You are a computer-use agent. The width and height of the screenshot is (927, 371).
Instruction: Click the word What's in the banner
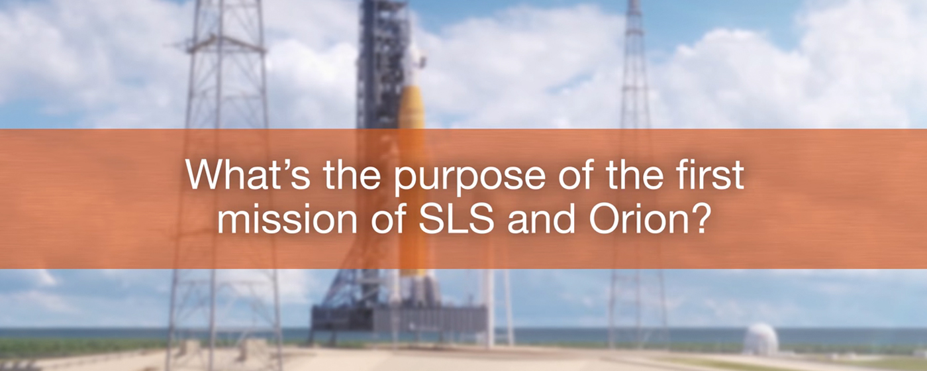pyautogui.click(x=248, y=174)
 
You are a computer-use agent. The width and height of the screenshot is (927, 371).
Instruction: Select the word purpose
pyautogui.click(x=469, y=178)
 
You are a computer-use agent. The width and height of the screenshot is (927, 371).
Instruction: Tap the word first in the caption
pyautogui.click(x=703, y=174)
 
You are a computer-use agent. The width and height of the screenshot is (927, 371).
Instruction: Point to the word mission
pyautogui.click(x=287, y=219)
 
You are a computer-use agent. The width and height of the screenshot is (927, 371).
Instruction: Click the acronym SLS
pyautogui.click(x=456, y=219)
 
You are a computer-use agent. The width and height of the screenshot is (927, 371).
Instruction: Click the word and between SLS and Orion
pyautogui.click(x=542, y=219)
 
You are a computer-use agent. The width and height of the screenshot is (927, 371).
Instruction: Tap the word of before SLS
pyautogui.click(x=388, y=219)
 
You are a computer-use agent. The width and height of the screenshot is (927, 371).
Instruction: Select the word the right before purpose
pyautogui.click(x=352, y=174)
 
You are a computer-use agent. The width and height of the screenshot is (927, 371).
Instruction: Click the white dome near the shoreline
pyautogui.click(x=761, y=339)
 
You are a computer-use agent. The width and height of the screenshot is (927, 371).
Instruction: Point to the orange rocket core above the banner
pyautogui.click(x=411, y=107)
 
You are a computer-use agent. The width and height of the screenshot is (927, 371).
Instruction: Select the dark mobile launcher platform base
pyautogui.click(x=399, y=319)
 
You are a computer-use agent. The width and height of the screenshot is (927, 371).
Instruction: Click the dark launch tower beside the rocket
pyautogui.click(x=381, y=66)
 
